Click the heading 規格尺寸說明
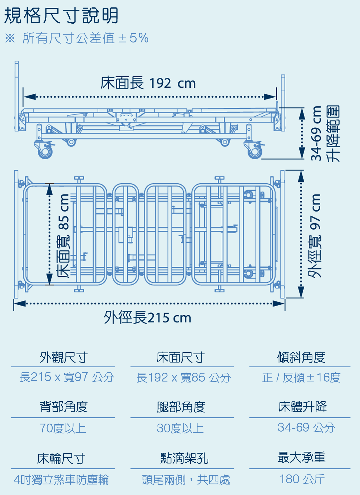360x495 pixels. point(61,16)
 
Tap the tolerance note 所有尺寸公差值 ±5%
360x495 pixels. point(85,38)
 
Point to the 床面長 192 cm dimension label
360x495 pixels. point(148,83)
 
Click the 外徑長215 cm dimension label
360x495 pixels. point(147,317)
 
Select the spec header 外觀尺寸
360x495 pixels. point(63,357)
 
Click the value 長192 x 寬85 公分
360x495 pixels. point(183,377)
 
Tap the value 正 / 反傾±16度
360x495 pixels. point(301,377)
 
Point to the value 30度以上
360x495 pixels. point(180,428)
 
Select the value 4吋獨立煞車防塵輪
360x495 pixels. point(61,480)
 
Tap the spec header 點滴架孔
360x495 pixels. point(184,458)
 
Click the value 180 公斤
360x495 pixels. point(302,479)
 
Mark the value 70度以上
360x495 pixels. point(63,428)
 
